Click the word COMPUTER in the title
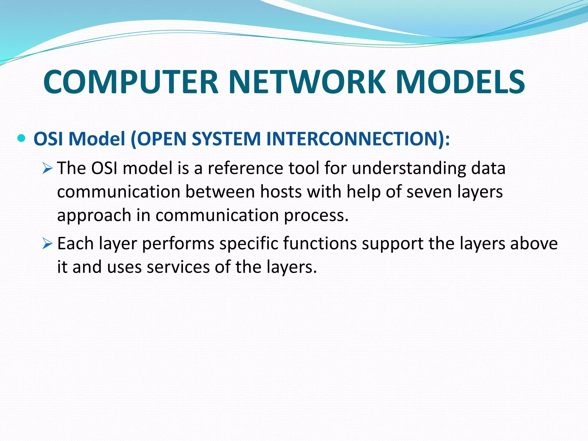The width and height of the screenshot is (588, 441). point(131,82)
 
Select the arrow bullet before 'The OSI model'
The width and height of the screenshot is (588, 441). point(47,169)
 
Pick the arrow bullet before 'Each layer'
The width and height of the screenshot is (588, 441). point(47,244)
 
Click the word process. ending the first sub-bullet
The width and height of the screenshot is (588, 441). point(316,215)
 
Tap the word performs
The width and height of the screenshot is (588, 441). point(178,244)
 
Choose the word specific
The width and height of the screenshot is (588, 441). point(249,244)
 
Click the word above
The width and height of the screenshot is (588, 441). point(534,244)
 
